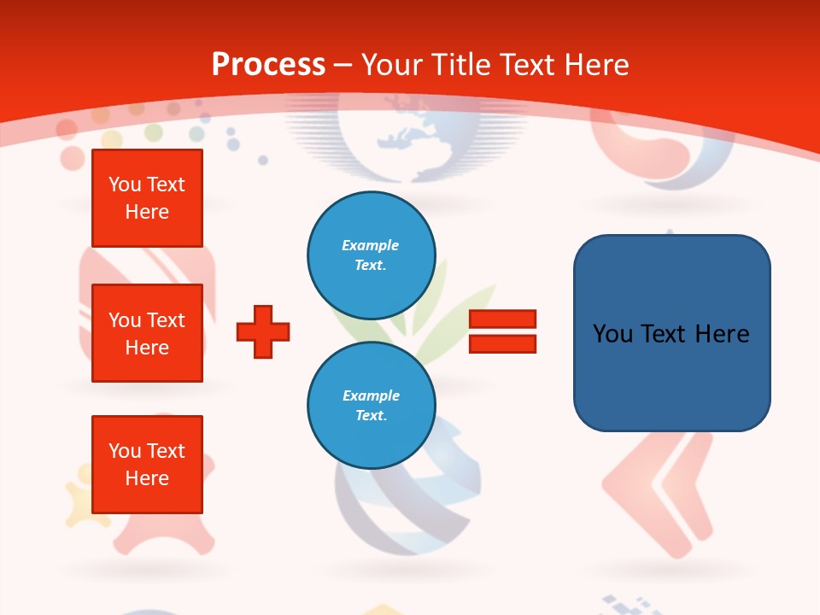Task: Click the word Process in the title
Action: tap(268, 64)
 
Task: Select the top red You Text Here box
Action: tap(147, 198)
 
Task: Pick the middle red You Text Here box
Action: tap(147, 333)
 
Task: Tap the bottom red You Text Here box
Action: tap(147, 464)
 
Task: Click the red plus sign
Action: tap(263, 331)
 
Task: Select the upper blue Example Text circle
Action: tap(372, 255)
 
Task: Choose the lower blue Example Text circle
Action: tap(372, 406)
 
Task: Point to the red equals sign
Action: tap(502, 331)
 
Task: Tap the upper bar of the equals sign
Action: tap(502, 319)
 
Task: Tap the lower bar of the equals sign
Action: tap(502, 343)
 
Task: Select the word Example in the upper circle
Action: tap(370, 245)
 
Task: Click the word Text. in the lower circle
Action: tap(371, 415)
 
